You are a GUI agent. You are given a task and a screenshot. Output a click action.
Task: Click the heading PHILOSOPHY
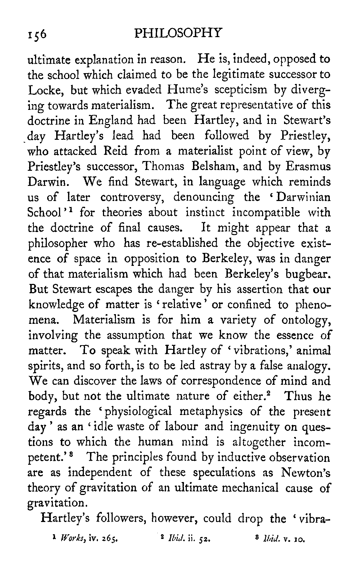[178, 33]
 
